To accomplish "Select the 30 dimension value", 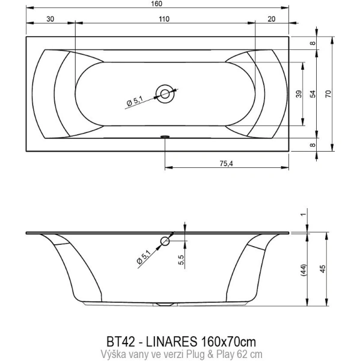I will (50, 19).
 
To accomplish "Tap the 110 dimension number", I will (164, 19).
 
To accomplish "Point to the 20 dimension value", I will (272, 19).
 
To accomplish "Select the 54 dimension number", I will (313, 93).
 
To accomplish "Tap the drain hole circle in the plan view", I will (164, 93).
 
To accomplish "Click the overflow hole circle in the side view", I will (165, 242).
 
